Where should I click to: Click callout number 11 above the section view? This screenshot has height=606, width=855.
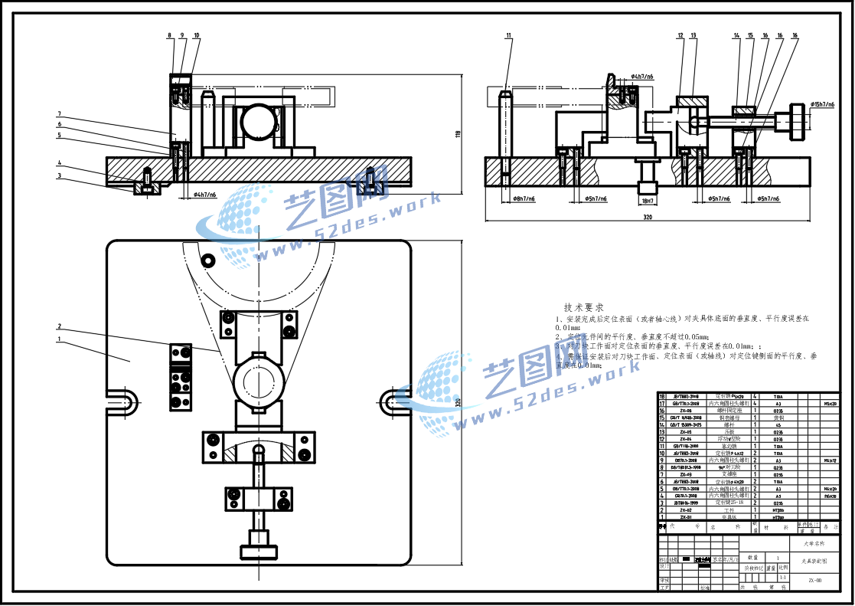(508, 35)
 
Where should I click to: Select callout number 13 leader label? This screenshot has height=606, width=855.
(693, 35)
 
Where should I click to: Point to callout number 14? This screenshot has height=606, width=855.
(736, 35)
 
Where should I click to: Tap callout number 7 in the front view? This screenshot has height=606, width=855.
(59, 114)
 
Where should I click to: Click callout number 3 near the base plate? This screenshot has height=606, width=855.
(59, 175)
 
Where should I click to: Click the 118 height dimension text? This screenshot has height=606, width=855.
(458, 135)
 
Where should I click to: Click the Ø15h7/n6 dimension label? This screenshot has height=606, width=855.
(827, 104)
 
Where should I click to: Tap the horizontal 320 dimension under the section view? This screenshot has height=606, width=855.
(647, 218)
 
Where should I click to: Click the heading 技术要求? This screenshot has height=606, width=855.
(583, 306)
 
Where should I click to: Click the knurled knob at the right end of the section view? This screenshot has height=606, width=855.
(800, 123)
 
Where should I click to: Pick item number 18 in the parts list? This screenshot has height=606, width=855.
(662, 396)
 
